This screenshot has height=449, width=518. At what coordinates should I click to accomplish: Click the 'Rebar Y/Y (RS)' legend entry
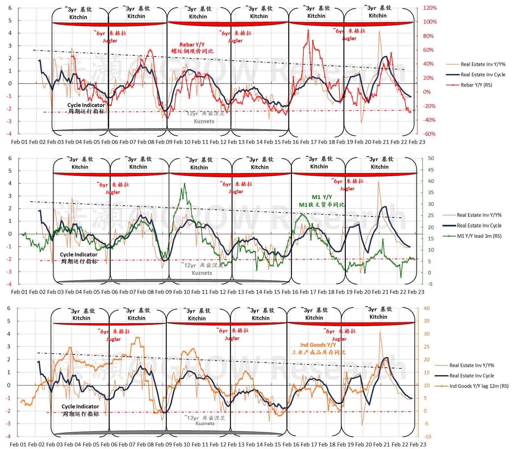476,85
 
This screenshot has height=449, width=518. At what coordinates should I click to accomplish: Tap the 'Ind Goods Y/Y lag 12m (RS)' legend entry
479,386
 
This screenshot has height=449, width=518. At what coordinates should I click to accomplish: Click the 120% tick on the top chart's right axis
430,8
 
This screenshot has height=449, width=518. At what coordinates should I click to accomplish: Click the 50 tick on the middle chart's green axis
431,158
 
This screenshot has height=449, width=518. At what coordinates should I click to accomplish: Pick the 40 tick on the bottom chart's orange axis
426,308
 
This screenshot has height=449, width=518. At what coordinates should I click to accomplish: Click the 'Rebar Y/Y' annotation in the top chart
192,45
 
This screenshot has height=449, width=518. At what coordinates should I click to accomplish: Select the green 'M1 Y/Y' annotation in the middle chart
321,197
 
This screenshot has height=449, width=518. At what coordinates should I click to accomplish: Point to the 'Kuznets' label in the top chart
204,121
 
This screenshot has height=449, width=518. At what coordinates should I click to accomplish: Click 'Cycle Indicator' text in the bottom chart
80,406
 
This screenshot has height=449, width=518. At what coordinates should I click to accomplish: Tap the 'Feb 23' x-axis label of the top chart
417,142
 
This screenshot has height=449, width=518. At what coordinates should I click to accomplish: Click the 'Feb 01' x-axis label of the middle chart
20,292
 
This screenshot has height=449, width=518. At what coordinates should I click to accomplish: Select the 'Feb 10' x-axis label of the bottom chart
178,444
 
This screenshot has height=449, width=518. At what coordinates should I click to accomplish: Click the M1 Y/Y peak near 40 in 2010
185,184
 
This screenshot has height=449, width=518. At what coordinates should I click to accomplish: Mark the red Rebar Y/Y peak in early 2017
308,30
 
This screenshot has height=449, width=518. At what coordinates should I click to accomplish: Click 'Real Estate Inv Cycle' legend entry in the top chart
483,75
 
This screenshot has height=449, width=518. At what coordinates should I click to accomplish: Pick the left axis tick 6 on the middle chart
10,158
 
